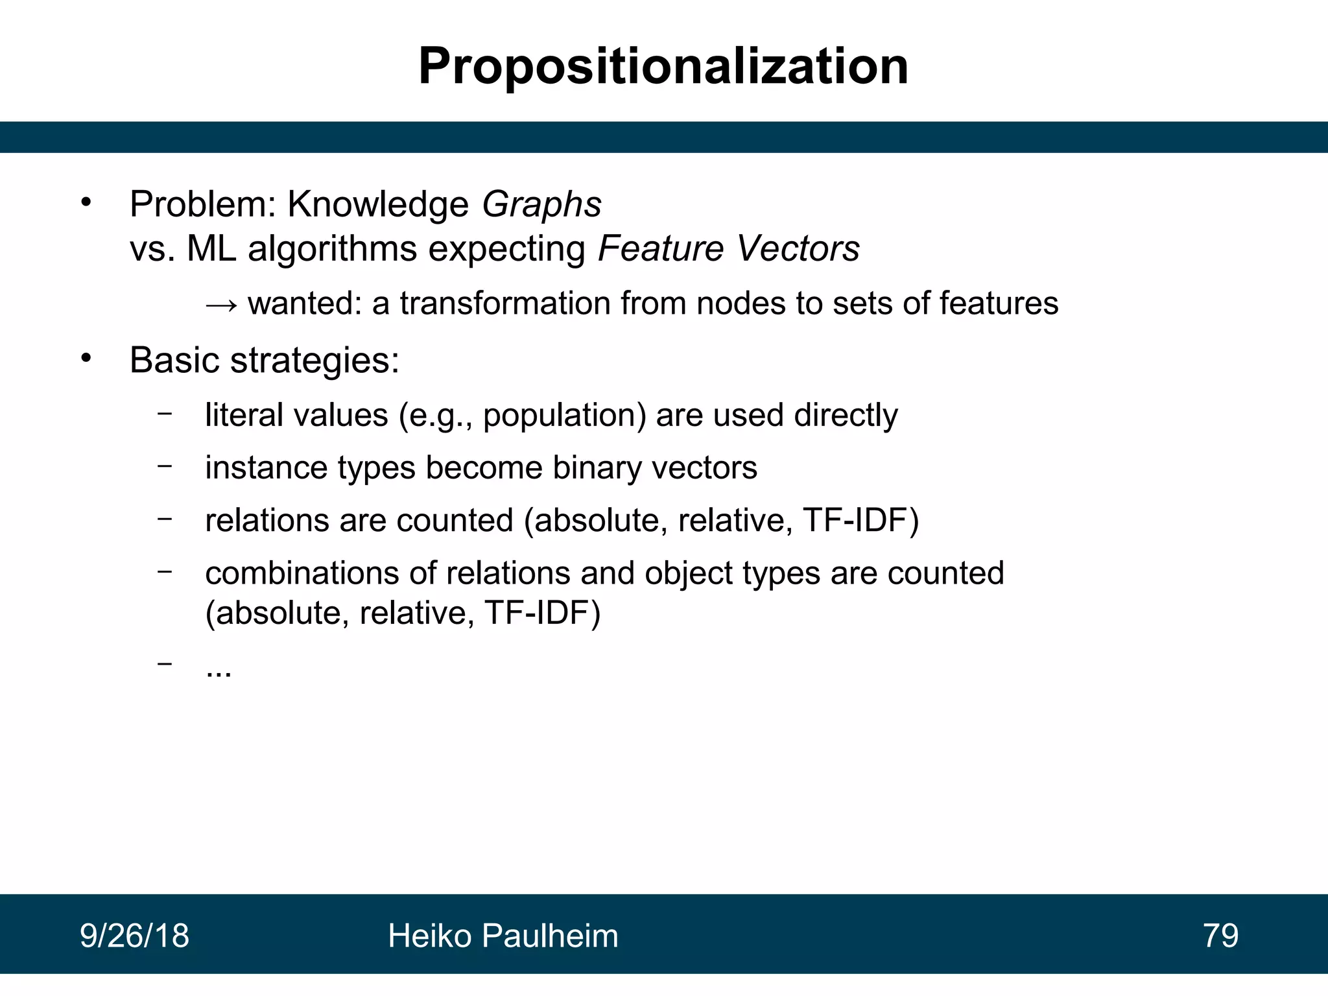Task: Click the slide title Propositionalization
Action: pos(663,67)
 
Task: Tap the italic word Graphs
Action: pos(541,204)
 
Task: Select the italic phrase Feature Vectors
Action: pos(728,248)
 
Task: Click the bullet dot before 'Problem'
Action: pos(86,203)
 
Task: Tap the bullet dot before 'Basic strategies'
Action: pos(86,359)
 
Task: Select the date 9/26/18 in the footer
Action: pos(134,936)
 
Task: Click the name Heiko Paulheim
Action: pos(503,936)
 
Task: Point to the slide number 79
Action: pos(1220,936)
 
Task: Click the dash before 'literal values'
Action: pos(165,413)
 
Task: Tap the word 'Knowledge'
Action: pos(377,204)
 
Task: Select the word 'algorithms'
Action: pos(332,248)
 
